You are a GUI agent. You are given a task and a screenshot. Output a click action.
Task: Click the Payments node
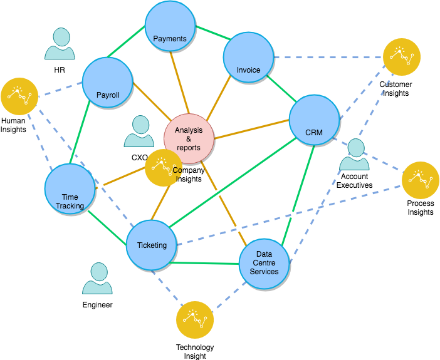click(170, 26)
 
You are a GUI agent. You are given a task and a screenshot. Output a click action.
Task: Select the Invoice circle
click(248, 57)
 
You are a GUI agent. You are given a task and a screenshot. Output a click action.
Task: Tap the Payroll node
click(107, 83)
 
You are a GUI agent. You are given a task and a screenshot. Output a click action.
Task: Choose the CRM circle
click(314, 120)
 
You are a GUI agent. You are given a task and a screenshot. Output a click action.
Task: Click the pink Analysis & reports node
click(189, 138)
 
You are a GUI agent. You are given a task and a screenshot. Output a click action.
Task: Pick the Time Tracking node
click(70, 189)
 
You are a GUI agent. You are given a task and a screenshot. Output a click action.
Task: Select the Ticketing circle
click(152, 245)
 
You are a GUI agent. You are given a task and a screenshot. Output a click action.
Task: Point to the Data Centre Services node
click(264, 264)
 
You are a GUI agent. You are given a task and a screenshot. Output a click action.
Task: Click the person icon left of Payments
click(60, 44)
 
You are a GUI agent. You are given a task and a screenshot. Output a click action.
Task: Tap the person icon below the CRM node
click(355, 155)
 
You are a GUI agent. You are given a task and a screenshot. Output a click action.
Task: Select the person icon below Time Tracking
click(98, 279)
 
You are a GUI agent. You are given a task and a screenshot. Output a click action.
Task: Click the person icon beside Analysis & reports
click(139, 131)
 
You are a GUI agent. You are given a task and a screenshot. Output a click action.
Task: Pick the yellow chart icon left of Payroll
click(19, 96)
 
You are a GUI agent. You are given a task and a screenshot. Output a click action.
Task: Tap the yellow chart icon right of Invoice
click(401, 57)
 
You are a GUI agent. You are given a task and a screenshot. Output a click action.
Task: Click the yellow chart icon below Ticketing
click(195, 319)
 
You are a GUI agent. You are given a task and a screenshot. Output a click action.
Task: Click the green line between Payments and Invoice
click(210, 34)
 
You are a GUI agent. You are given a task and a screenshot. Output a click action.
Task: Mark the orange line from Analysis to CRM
click(251, 129)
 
